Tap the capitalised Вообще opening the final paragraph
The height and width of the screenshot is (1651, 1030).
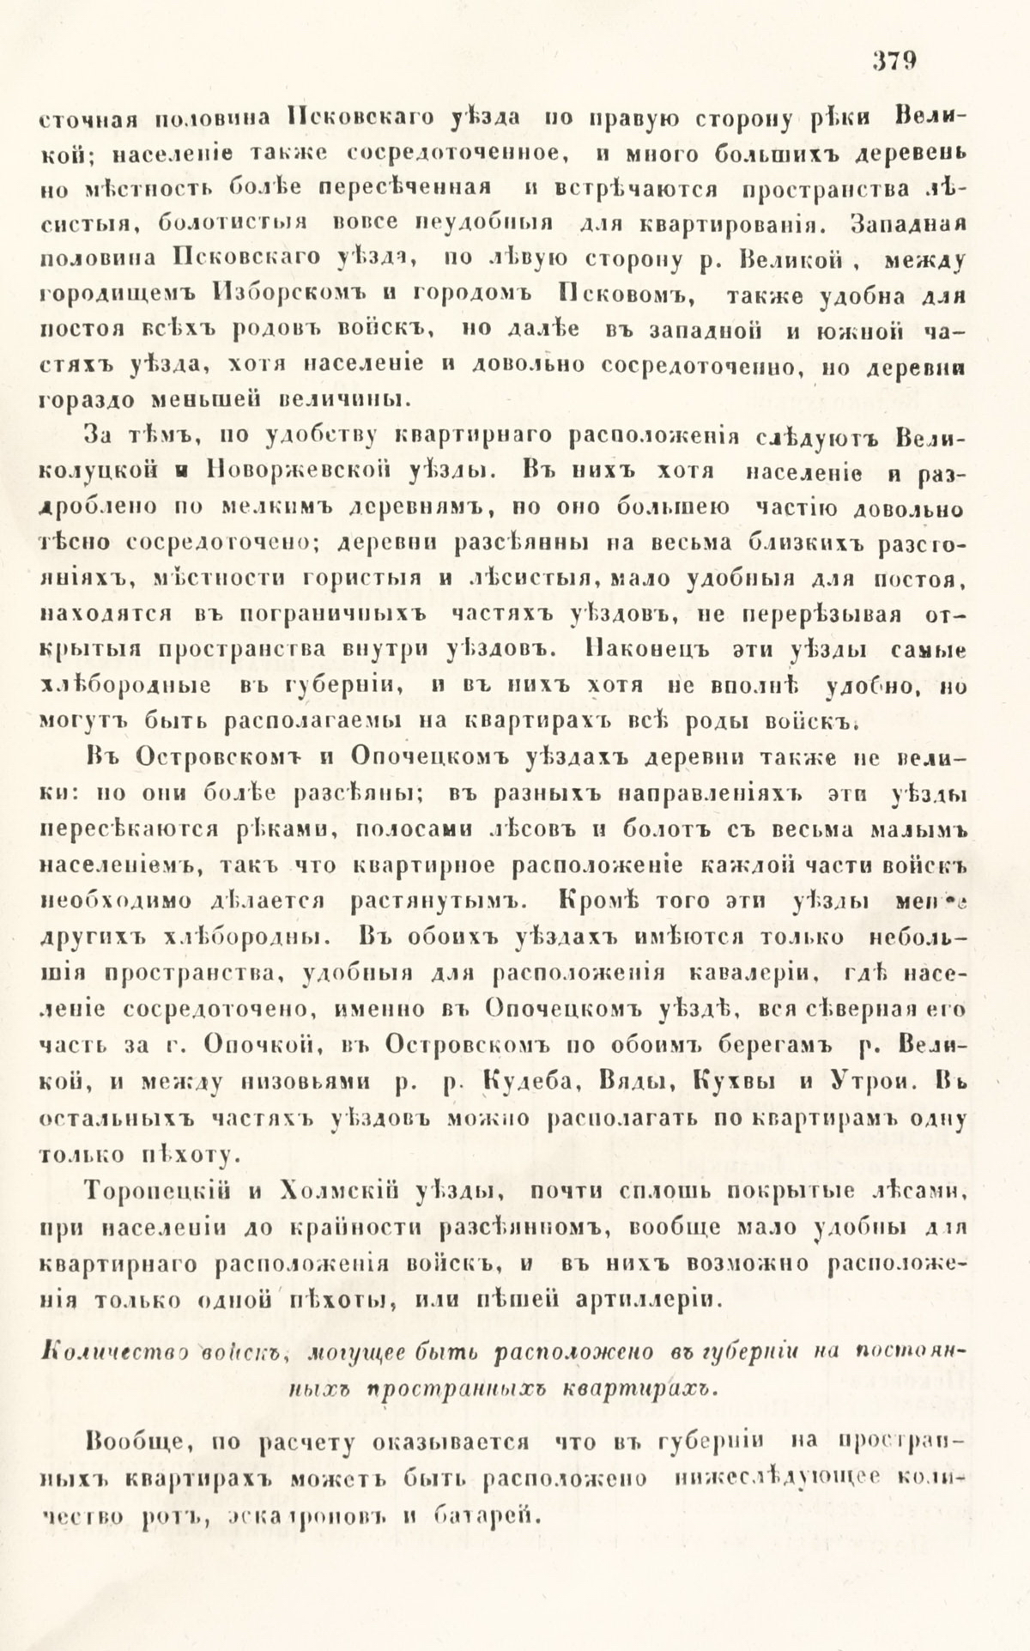point(129,1442)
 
